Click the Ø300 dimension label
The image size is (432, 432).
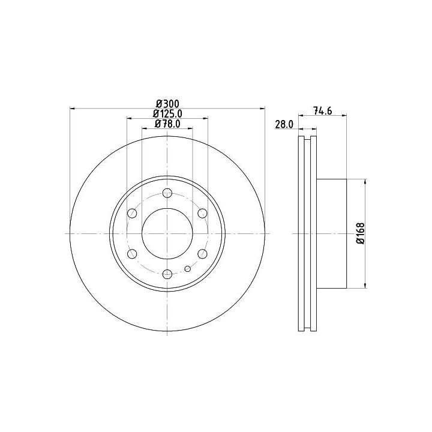tap(167, 104)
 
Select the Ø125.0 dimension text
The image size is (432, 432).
tap(167, 113)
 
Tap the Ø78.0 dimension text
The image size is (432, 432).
tap(167, 124)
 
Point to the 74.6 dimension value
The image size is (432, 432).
tap(323, 111)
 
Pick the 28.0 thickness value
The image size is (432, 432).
tap(284, 125)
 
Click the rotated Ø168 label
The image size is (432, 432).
tap(361, 233)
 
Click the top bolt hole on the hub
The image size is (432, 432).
tap(167, 193)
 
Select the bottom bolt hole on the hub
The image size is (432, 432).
tap(167, 274)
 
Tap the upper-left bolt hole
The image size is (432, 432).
tap(132, 213)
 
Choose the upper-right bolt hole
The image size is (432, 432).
tap(203, 213)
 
